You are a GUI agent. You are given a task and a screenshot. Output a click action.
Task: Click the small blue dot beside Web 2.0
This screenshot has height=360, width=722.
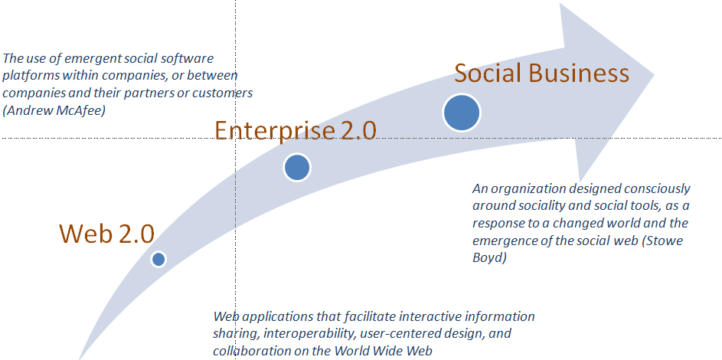[x=158, y=260]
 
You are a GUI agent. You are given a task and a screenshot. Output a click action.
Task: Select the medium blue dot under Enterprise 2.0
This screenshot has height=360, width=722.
[x=297, y=168]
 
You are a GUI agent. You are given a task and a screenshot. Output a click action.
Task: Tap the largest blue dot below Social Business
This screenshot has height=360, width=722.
[x=462, y=113]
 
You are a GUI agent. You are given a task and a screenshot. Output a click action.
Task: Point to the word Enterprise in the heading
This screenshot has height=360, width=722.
[x=274, y=130]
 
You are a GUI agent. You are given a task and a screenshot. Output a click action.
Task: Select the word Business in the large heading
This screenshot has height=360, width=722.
[x=578, y=73]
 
